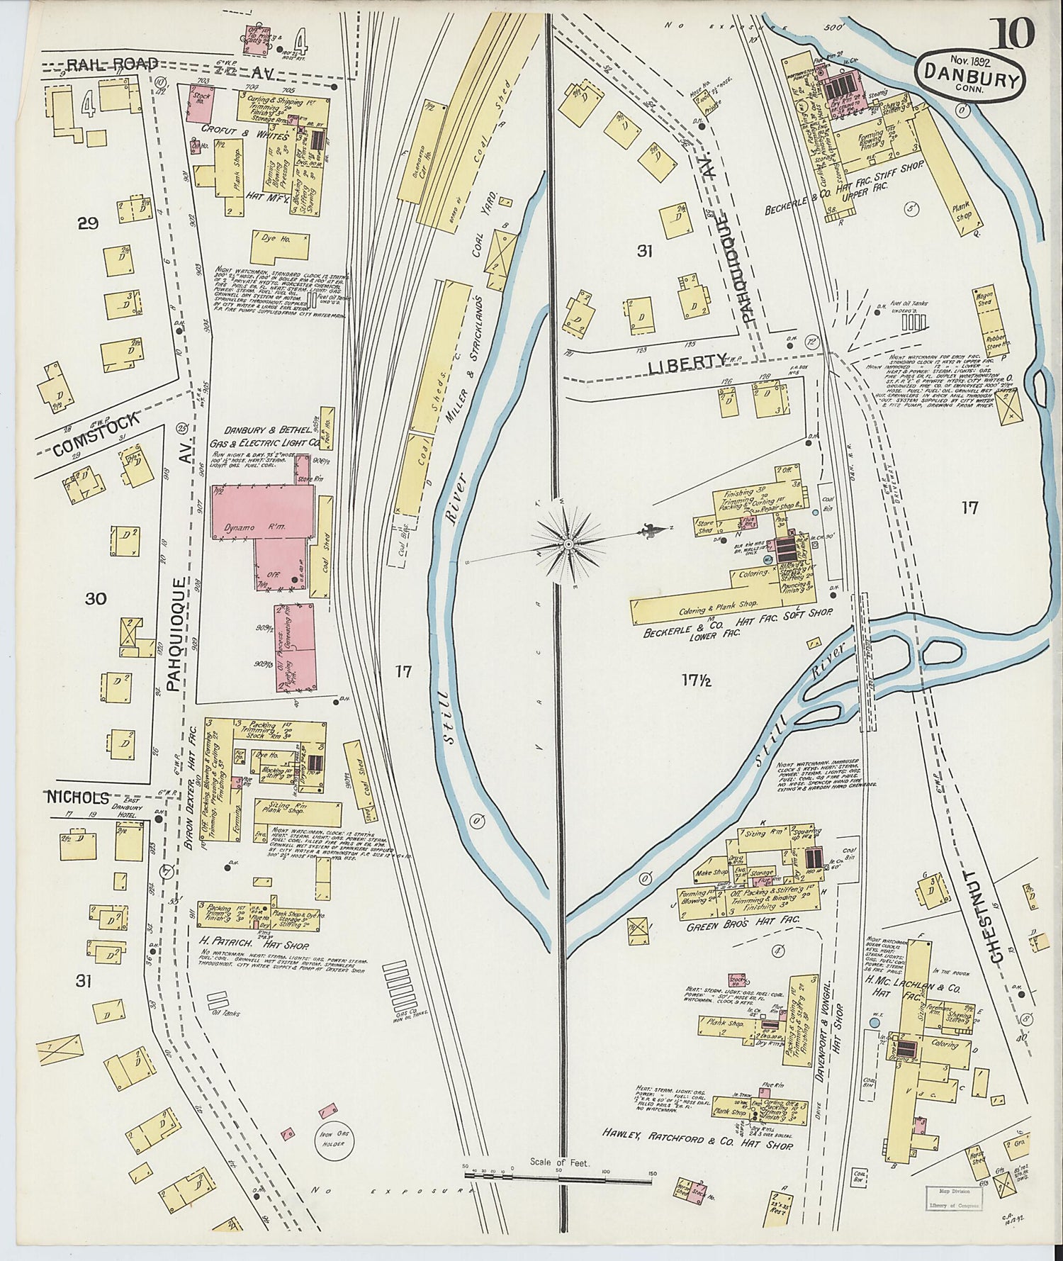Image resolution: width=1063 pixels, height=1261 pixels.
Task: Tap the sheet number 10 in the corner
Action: point(1015,33)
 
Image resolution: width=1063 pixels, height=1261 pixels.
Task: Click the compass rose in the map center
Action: point(568,544)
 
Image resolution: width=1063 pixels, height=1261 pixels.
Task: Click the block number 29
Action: point(88,224)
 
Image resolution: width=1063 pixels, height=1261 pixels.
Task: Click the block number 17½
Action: point(697,680)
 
